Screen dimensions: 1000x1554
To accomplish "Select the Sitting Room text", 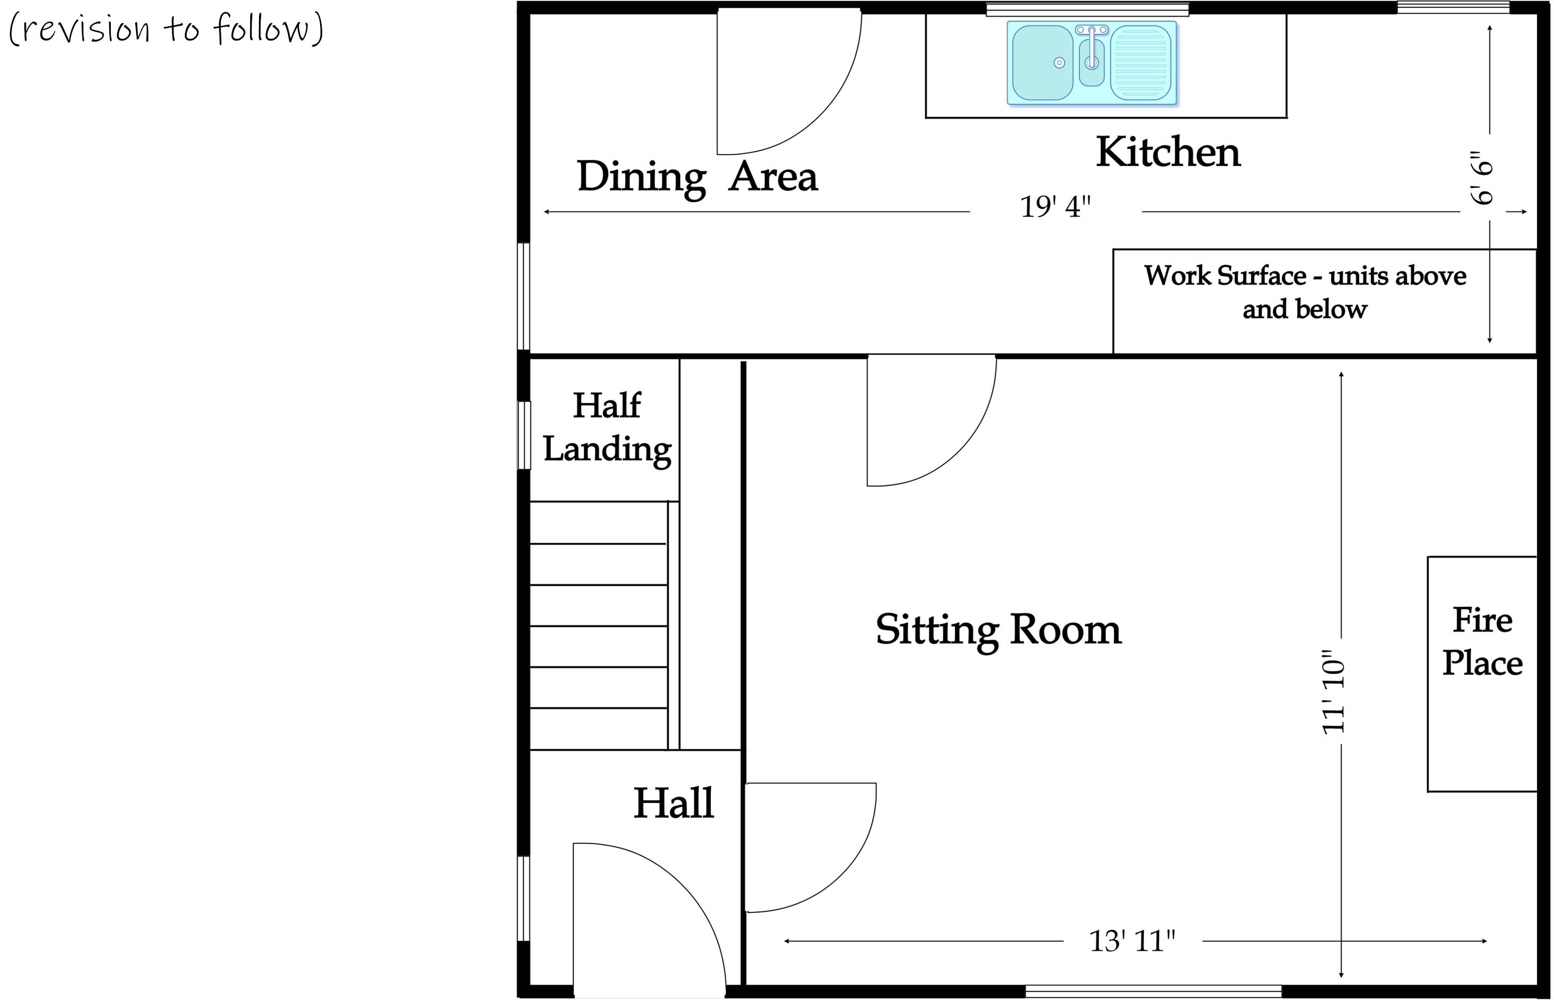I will click(x=998, y=630).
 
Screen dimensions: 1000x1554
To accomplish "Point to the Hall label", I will click(x=673, y=804).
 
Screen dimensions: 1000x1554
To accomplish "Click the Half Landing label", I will click(x=607, y=427).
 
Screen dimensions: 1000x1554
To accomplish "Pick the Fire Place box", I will click(x=1482, y=674).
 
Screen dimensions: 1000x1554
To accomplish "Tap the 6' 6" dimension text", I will click(x=1482, y=178).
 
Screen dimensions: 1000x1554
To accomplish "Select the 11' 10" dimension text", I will click(x=1334, y=693).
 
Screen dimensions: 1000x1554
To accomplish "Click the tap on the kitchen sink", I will click(x=1092, y=49).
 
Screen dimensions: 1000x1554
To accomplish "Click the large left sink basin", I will click(x=1042, y=63).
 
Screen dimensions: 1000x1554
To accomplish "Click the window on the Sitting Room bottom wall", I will click(x=1153, y=992).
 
